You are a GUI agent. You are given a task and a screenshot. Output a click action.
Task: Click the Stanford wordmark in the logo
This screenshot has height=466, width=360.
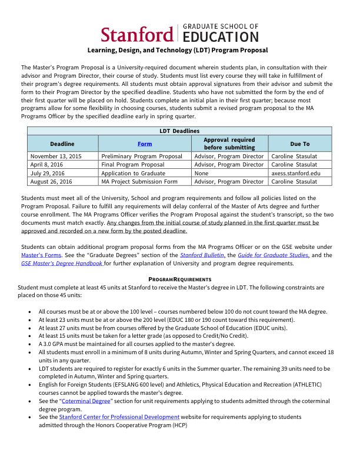click(137, 34)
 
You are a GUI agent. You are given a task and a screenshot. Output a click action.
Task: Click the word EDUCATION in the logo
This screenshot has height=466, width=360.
click(221, 38)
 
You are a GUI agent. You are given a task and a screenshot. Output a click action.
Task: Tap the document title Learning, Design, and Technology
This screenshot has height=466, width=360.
click(178, 51)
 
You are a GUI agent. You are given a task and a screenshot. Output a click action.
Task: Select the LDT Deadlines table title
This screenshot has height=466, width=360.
click(179, 131)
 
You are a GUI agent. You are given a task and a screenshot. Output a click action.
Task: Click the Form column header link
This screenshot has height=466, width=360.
click(145, 144)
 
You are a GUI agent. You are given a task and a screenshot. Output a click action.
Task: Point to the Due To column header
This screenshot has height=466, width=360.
click(299, 144)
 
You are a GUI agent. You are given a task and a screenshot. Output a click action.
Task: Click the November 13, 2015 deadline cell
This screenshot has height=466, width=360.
click(56, 157)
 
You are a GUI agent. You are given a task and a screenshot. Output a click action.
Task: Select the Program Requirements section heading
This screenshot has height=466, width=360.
click(179, 278)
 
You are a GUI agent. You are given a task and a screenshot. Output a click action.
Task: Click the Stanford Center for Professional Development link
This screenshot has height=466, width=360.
click(119, 417)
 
